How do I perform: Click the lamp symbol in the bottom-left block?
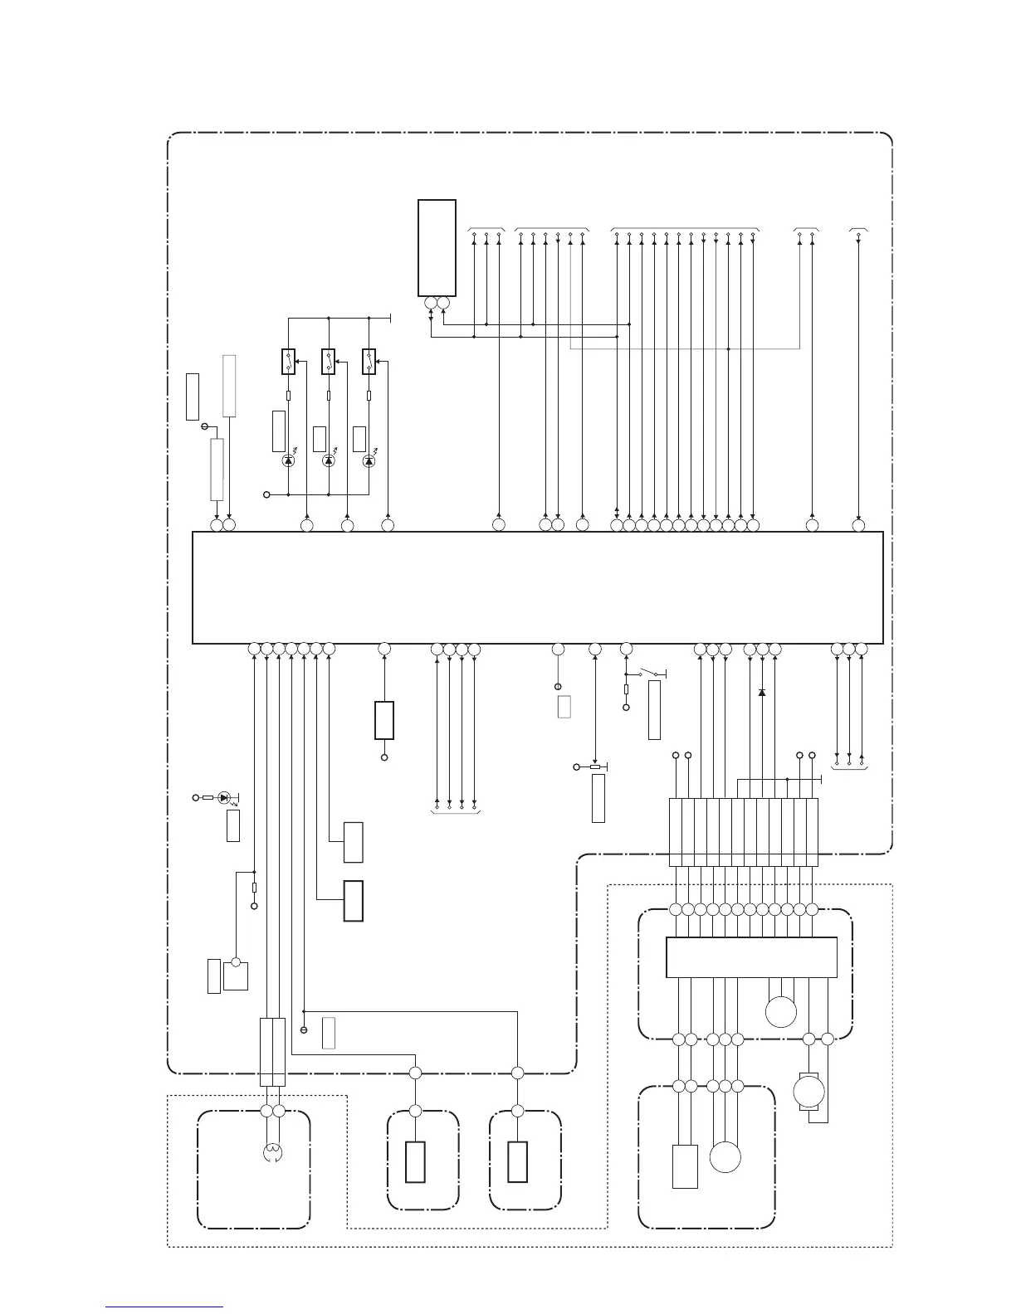(272, 1152)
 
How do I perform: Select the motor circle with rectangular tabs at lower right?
(809, 1091)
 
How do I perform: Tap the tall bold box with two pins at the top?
(437, 247)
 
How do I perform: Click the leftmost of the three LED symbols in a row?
(288, 460)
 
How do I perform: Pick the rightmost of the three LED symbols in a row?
(369, 460)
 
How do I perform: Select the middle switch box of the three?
(329, 362)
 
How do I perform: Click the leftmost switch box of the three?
(288, 362)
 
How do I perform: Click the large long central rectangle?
(537, 587)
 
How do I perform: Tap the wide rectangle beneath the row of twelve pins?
(751, 957)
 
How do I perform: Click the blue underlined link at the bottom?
(164, 1308)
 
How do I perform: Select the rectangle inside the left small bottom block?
(415, 1161)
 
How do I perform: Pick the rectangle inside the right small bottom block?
(517, 1161)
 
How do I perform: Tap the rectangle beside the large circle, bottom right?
(685, 1166)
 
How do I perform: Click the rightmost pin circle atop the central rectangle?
(858, 525)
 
